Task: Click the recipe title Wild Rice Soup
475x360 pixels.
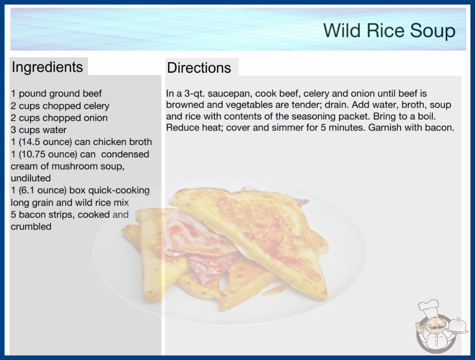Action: tap(389, 30)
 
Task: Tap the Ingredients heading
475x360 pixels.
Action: tap(47, 67)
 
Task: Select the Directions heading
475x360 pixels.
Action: tap(199, 68)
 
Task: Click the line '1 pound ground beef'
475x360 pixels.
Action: tap(56, 94)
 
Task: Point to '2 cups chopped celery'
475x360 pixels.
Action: tap(60, 106)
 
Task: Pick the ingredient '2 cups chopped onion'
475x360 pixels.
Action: tap(59, 118)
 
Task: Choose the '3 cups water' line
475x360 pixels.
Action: tap(39, 130)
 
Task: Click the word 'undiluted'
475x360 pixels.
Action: tap(30, 178)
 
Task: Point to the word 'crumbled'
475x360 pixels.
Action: tap(31, 226)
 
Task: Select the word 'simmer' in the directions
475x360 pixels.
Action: tap(288, 127)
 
